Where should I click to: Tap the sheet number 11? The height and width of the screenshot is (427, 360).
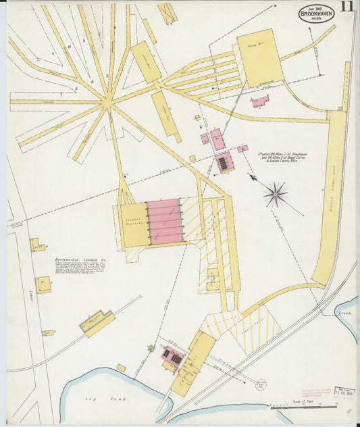(347, 7)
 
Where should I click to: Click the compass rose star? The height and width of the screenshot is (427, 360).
(276, 195)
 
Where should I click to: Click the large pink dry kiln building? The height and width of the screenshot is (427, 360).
(165, 221)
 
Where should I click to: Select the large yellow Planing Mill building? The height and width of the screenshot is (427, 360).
(259, 57)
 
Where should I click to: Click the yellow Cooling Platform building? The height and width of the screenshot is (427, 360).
(135, 224)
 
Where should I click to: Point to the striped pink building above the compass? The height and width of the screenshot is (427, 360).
(224, 162)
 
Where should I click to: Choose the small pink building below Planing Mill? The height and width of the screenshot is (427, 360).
(260, 101)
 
